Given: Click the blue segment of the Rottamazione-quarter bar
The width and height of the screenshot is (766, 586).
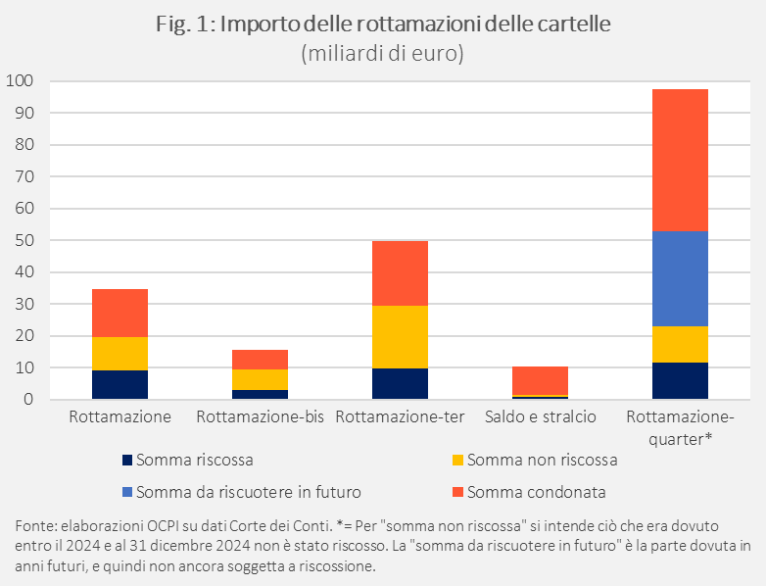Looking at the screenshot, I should pyautogui.click(x=680, y=278).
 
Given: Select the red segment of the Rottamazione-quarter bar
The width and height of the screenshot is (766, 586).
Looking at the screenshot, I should pyautogui.click(x=680, y=160).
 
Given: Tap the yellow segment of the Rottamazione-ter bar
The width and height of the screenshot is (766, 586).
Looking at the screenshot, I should pyautogui.click(x=400, y=337).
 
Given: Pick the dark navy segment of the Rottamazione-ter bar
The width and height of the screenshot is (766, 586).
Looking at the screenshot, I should pyautogui.click(x=400, y=383).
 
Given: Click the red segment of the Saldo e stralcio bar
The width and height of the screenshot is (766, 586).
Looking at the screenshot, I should pyautogui.click(x=540, y=380).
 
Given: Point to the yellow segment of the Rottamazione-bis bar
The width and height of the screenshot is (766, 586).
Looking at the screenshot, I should pyautogui.click(x=260, y=379).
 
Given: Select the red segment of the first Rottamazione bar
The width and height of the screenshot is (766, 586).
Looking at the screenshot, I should pyautogui.click(x=120, y=313).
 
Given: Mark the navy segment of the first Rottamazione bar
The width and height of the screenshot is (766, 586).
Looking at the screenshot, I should pyautogui.click(x=120, y=384).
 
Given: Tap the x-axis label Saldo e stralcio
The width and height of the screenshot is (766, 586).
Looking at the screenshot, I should pyautogui.click(x=540, y=417).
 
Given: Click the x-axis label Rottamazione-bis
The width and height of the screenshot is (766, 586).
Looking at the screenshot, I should pyautogui.click(x=260, y=417).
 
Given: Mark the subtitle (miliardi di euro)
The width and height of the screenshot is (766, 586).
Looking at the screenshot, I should pyautogui.click(x=383, y=54).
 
